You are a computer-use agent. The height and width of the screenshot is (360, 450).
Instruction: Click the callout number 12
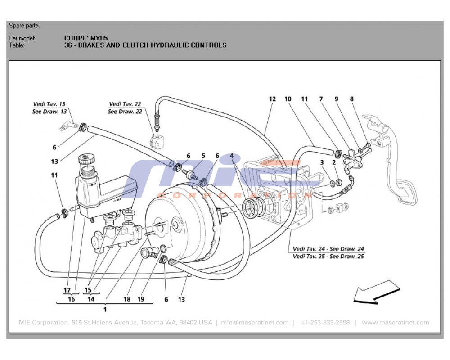(x=272, y=99)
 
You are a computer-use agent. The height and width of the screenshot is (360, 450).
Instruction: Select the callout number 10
(x=288, y=99)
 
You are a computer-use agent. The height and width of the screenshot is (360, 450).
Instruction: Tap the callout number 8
(x=351, y=99)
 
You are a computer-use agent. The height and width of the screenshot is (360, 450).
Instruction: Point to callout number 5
(x=203, y=156)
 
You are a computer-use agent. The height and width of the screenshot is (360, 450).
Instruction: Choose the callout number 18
(x=127, y=299)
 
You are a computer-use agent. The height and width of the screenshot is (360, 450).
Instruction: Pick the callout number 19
(x=141, y=299)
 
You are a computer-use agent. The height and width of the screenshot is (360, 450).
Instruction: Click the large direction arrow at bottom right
(x=376, y=292)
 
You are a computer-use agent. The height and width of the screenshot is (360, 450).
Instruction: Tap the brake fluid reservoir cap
(x=86, y=159)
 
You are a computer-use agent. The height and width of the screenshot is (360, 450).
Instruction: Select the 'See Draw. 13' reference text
(x=49, y=112)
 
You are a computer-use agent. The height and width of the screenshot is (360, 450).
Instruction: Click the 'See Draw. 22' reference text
(x=125, y=112)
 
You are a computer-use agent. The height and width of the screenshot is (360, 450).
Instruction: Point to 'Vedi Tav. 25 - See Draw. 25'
(x=328, y=256)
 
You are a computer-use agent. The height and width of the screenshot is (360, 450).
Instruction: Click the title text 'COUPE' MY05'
(x=85, y=38)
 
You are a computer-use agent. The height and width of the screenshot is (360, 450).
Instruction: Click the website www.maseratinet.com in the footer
(x=396, y=323)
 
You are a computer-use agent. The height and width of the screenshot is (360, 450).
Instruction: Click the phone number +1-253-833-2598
(x=325, y=323)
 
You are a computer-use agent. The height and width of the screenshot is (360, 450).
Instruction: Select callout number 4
(x=231, y=156)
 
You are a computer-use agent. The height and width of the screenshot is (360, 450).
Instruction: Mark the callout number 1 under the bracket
(x=105, y=309)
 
